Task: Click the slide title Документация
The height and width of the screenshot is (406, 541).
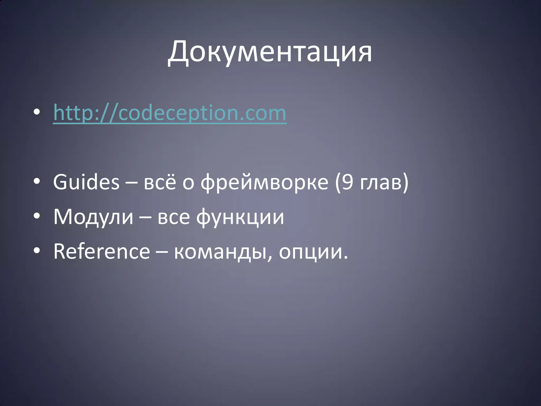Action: (270, 52)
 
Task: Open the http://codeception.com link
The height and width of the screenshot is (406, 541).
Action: (170, 113)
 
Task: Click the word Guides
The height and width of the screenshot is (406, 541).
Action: (86, 182)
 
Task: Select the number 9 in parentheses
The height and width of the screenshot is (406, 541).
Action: (347, 182)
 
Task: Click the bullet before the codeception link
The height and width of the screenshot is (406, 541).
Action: (37, 112)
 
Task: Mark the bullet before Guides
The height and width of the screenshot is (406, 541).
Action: (37, 181)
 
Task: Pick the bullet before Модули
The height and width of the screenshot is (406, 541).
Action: (37, 216)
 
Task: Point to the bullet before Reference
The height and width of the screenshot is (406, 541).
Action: (37, 250)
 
